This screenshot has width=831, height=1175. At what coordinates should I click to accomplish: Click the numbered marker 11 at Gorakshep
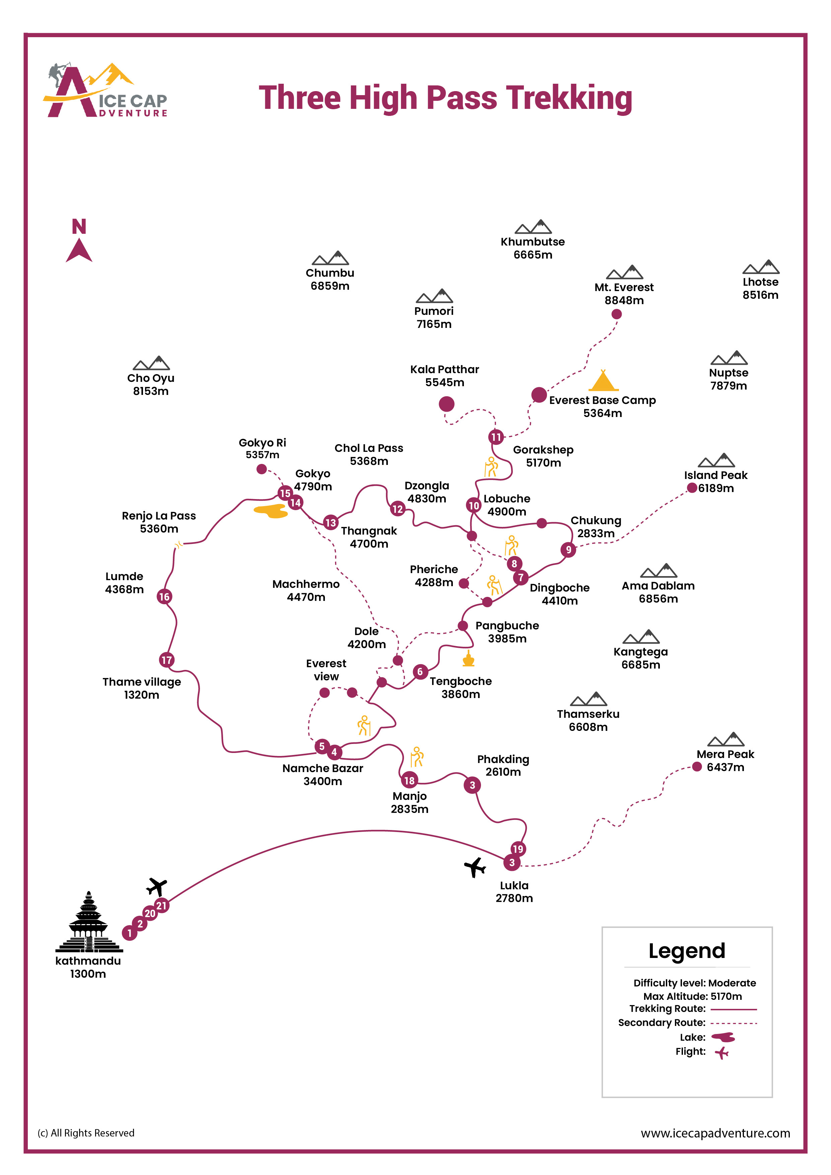click(x=495, y=437)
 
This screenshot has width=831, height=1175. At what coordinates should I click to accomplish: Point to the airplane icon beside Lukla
click(x=475, y=867)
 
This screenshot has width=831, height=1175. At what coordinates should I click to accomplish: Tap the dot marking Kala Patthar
click(x=446, y=404)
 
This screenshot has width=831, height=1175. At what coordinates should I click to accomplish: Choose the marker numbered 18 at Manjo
click(x=409, y=780)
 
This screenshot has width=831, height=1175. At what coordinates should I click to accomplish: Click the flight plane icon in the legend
click(x=721, y=1053)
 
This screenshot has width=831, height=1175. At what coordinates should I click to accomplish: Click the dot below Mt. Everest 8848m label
click(x=617, y=314)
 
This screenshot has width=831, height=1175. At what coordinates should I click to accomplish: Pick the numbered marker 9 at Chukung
click(x=568, y=550)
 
